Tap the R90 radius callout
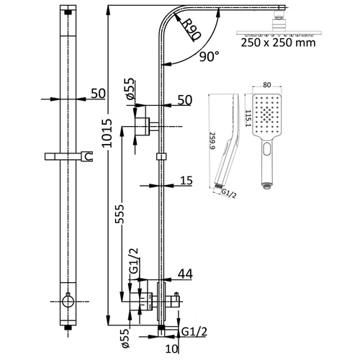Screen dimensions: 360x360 [x=190, y=30]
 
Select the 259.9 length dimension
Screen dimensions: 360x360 [x=210, y=147]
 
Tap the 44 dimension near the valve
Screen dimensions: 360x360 [x=185, y=274]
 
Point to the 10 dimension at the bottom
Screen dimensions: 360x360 [x=171, y=350]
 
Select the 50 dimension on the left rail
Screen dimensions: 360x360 [x=98, y=93]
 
